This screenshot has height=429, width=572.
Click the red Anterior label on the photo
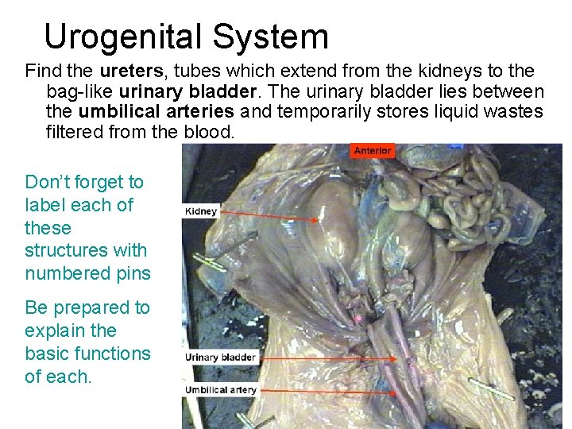(373, 150)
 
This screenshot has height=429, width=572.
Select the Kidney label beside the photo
(200, 211)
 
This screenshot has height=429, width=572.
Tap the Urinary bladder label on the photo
(220, 357)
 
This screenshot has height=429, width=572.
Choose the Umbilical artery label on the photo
(220, 389)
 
